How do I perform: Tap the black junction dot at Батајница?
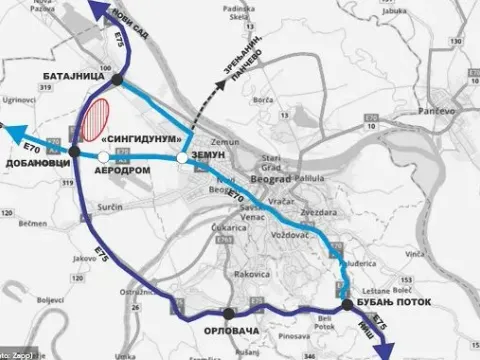coord(118,79)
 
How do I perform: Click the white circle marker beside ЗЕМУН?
coord(182,158)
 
